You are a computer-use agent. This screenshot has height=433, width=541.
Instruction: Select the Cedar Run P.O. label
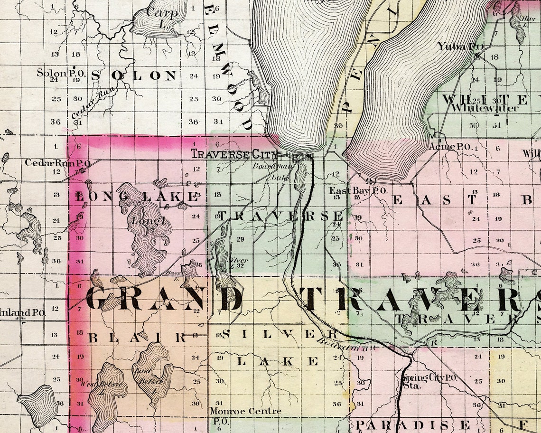point(58,162)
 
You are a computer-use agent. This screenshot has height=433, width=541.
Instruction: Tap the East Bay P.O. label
point(358,190)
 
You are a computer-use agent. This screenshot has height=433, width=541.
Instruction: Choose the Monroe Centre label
point(245,411)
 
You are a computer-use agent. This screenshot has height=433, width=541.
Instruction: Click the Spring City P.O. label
point(429,378)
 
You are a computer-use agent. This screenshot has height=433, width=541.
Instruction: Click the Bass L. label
point(172,274)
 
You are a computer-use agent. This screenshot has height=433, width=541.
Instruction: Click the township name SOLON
point(133,75)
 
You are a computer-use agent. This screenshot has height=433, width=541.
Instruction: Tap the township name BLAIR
point(138,338)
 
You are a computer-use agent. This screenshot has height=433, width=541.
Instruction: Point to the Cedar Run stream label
point(93,104)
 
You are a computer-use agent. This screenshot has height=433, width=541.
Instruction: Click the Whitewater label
point(478,108)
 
